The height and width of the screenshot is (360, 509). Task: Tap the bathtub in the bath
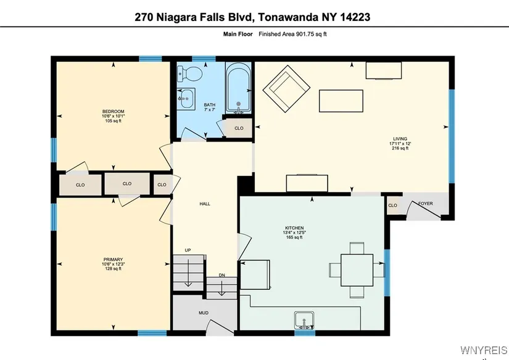238,88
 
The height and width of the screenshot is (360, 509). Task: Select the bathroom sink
186,98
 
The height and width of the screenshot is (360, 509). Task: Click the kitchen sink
304,320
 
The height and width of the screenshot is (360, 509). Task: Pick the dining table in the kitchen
357,270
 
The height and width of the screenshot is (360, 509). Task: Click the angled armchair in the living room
286,89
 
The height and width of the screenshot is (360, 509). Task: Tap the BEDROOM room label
114,111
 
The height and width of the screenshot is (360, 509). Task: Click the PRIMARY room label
113,259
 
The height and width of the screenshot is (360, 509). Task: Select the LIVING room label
400,139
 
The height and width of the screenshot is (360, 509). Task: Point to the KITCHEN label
294,228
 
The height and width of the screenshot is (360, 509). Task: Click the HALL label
205,204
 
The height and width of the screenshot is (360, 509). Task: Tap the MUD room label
204,313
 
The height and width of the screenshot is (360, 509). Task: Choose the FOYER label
426,203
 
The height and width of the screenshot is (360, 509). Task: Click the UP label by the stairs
188,250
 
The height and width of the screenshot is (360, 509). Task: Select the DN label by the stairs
221,275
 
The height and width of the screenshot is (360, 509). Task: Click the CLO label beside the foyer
392,206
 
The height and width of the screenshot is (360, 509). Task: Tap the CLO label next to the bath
239,128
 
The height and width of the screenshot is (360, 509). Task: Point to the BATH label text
209,104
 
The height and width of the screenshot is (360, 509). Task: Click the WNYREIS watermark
484,350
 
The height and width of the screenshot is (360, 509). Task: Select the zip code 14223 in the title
355,17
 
